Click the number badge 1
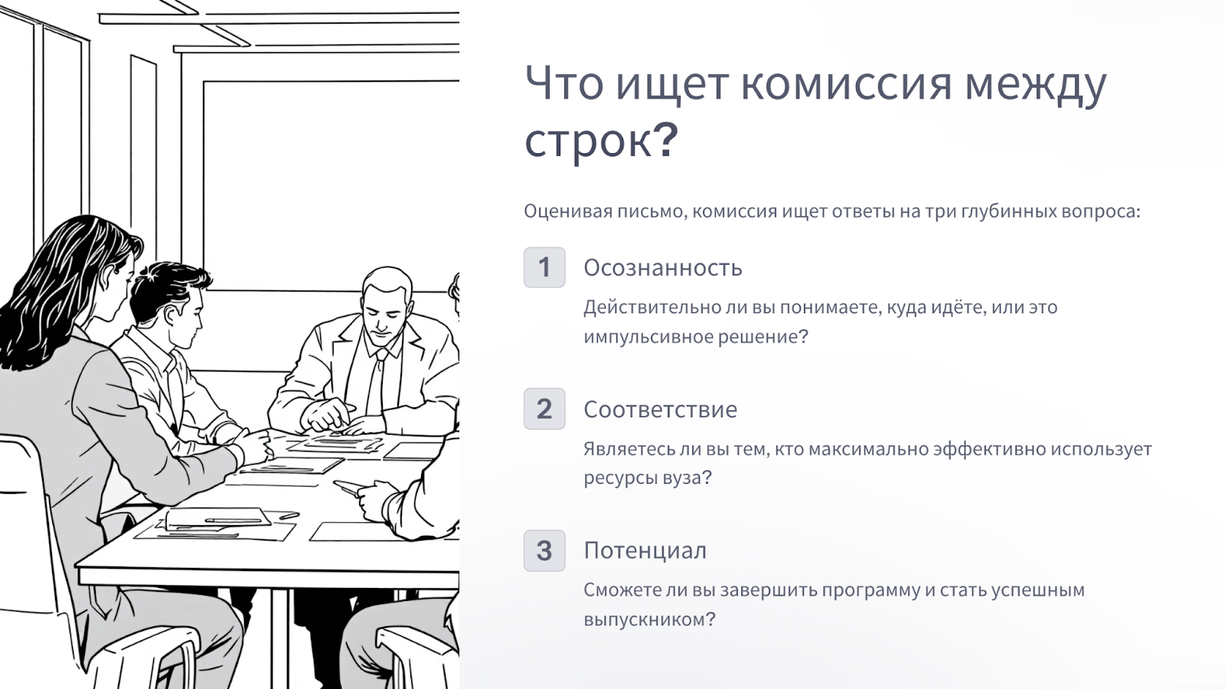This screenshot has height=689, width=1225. click(544, 267)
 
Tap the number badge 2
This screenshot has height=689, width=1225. click(544, 409)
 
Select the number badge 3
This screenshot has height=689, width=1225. click(544, 550)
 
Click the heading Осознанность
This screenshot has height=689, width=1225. click(663, 268)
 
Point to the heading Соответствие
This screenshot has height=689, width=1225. click(660, 410)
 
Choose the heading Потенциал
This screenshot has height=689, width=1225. click(645, 550)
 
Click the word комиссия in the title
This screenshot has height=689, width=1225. click(847, 84)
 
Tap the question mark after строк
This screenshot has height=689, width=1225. click(665, 140)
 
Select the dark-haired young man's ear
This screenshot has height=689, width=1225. click(170, 317)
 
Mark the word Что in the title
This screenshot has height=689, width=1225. click(563, 84)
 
